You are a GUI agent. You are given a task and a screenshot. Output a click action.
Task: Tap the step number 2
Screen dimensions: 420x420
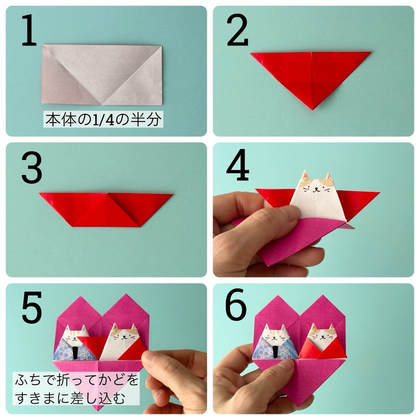click(x=237, y=32)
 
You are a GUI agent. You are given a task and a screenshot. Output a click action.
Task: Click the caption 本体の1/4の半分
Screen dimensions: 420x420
click(x=103, y=120)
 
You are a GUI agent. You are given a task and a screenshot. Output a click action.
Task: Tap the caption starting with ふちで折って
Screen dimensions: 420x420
click(x=76, y=389)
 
